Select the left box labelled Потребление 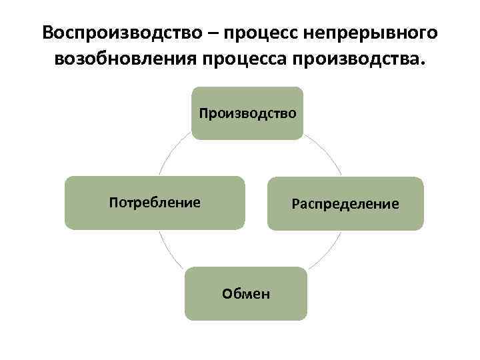click(x=155, y=217)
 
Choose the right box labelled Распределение click(x=345, y=217)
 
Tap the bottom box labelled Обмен click(x=246, y=307)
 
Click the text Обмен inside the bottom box click(x=246, y=294)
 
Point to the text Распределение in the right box click(x=345, y=203)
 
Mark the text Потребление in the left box click(x=155, y=202)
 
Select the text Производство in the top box click(x=247, y=113)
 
